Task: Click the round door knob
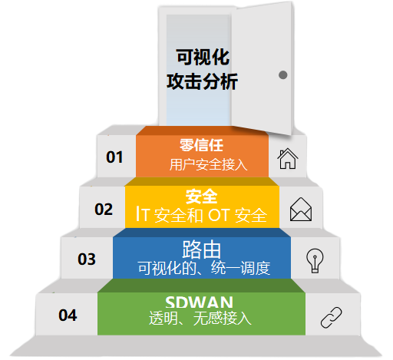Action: (282, 75)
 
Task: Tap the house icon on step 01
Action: (288, 159)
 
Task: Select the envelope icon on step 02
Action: (301, 209)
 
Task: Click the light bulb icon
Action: (315, 261)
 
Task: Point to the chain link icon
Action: (332, 317)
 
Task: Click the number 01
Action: (114, 157)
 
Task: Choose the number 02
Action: (104, 210)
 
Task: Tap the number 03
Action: (87, 259)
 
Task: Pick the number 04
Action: (68, 315)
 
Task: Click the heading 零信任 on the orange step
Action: (201, 145)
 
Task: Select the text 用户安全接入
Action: (208, 164)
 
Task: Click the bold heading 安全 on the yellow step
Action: (201, 197)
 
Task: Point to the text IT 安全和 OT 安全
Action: (202, 215)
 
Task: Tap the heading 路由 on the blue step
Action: (202, 249)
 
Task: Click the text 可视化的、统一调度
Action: (204, 268)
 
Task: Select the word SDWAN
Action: (199, 302)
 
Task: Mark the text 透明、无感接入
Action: (200, 319)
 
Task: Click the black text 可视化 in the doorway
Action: (203, 57)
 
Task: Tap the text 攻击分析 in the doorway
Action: (203, 81)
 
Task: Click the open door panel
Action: (262, 68)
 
